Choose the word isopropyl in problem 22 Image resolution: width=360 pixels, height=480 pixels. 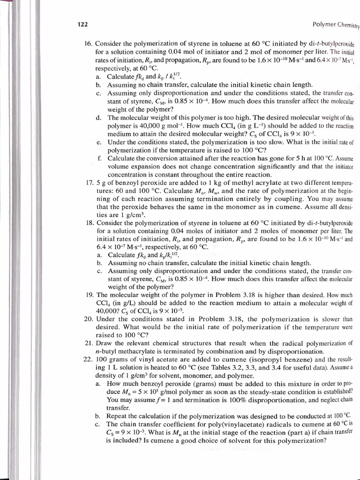click(x=227, y=359)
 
